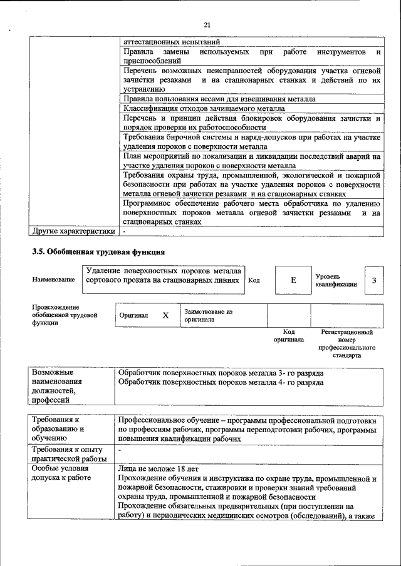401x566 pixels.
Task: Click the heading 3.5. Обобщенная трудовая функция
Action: pyautogui.click(x=98, y=252)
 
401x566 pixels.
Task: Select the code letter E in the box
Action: pyautogui.click(x=293, y=280)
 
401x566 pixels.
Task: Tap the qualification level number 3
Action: pyautogui.click(x=374, y=280)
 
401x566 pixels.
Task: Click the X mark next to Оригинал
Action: pyautogui.click(x=165, y=315)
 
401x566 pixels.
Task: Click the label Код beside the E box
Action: pyautogui.click(x=254, y=280)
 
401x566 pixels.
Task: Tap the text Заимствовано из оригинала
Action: pyautogui.click(x=208, y=315)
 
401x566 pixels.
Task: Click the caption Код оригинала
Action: pyautogui.click(x=289, y=336)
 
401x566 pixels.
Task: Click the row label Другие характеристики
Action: pyautogui.click(x=73, y=231)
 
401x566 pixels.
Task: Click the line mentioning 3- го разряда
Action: pyautogui.click(x=221, y=372)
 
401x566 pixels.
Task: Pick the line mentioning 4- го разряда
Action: pyautogui.click(x=221, y=382)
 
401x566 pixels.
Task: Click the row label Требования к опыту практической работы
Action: pyautogui.click(x=69, y=455)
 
